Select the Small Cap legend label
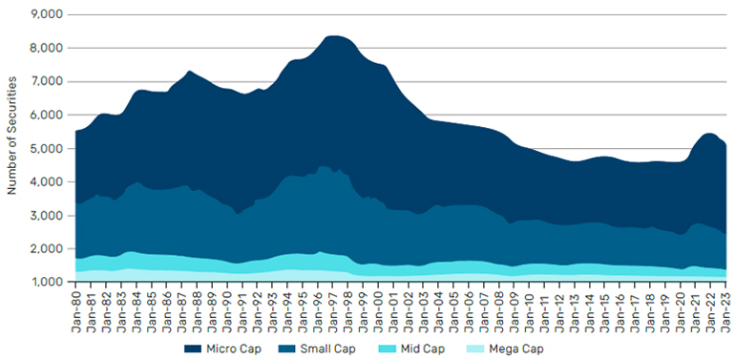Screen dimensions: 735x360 [x=328, y=349]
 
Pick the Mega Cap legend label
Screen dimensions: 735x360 [x=516, y=349]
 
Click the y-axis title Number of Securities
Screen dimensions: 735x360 [x=12, y=135]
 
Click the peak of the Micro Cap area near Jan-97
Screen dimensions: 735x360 [x=335, y=35]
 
